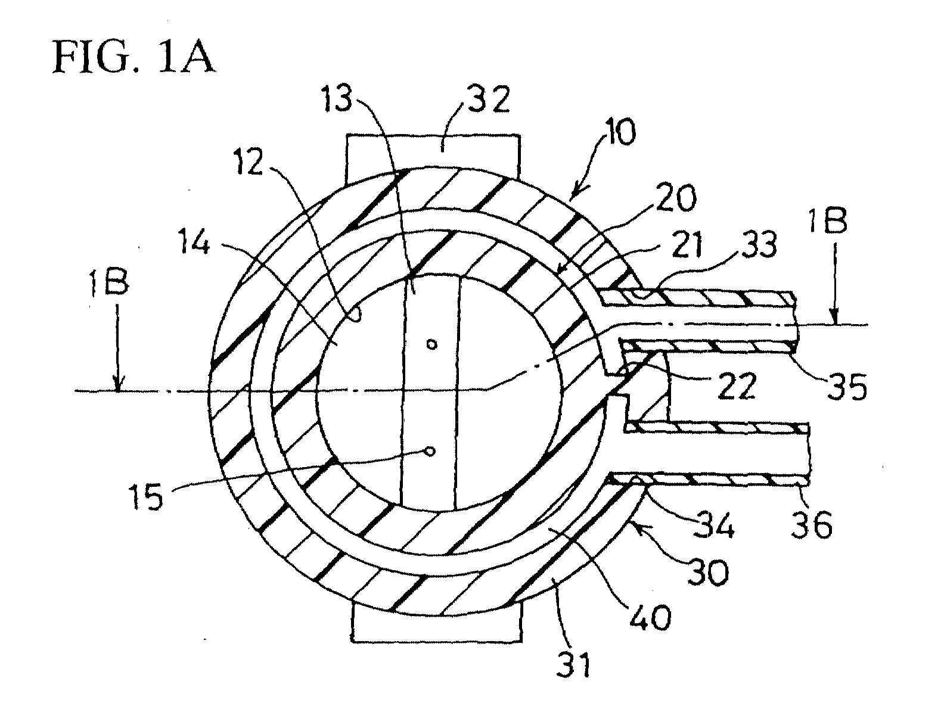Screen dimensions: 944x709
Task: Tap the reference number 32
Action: point(489,99)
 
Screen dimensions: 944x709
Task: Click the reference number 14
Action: point(194,243)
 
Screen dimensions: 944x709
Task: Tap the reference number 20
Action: point(676,198)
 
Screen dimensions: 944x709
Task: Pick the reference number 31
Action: point(574,664)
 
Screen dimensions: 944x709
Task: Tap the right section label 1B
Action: point(827,220)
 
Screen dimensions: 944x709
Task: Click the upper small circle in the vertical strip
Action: point(432,344)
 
